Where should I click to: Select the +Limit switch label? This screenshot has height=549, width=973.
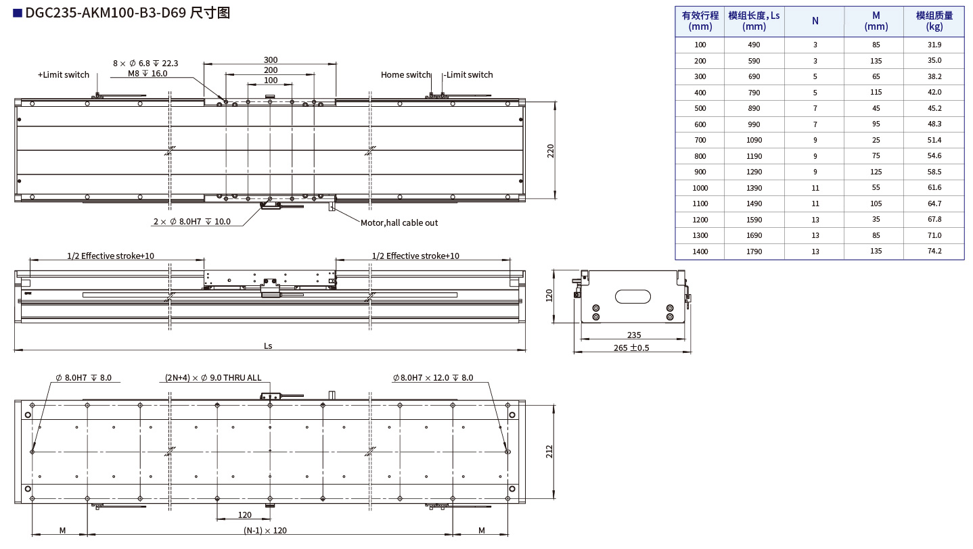64,75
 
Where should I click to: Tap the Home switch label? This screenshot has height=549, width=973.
405,75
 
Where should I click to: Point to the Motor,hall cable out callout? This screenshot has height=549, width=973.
399,222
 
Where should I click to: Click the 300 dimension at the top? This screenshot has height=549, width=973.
270,60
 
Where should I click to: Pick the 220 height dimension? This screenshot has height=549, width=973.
550,151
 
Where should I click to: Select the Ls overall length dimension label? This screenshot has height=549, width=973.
268,345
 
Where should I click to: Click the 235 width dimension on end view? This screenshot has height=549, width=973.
633,335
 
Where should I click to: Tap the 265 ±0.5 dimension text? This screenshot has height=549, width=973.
631,348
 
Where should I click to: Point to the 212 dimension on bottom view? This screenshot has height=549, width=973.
549,451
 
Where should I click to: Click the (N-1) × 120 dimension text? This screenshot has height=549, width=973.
265,531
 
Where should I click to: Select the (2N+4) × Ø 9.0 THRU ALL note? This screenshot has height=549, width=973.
213,378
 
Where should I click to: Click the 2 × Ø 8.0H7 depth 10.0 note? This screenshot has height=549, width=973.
191,222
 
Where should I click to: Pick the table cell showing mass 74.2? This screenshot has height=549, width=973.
934,251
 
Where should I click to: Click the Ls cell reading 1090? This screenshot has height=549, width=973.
754,140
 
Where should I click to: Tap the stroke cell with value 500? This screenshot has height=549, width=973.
700,108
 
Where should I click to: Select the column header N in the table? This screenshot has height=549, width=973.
815,21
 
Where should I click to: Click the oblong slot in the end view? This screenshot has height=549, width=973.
633,296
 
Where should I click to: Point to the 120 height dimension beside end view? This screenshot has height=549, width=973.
549,295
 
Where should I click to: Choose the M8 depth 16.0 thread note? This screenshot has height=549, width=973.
147,74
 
